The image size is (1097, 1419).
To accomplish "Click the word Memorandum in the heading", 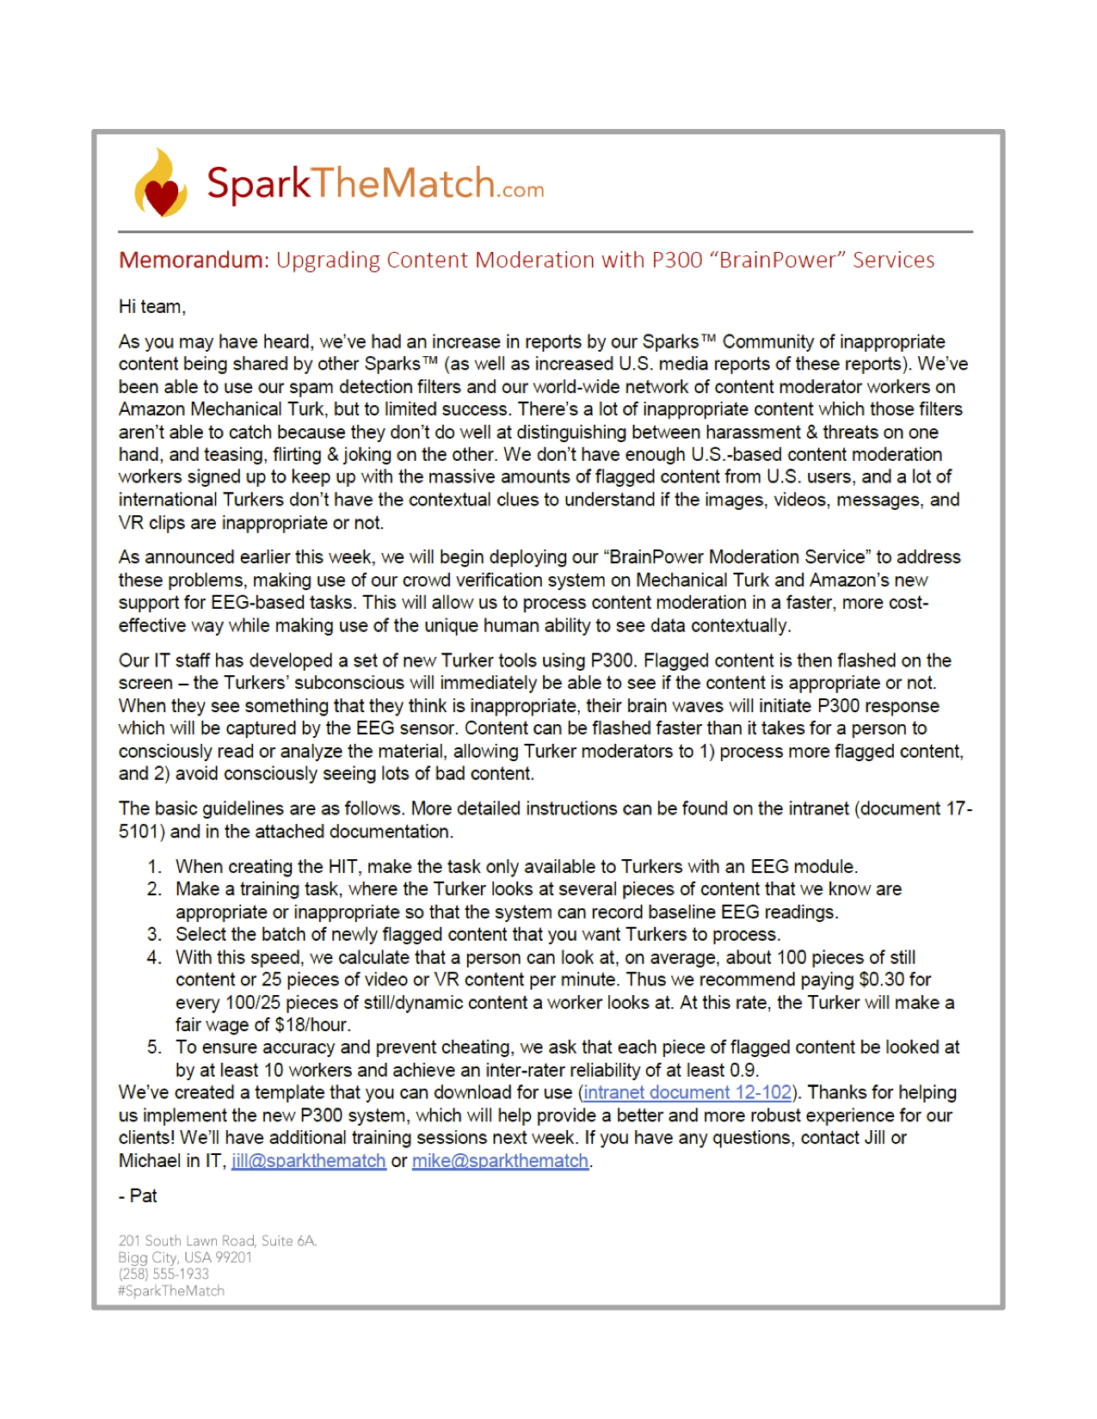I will click(193, 260).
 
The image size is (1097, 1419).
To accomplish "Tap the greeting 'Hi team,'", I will click(152, 307).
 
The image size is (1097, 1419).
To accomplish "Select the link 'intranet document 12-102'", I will click(687, 1092).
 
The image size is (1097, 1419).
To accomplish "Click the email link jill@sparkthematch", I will click(308, 1161).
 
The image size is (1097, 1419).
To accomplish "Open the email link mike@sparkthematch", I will click(500, 1161).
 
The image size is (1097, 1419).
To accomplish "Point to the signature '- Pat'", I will click(139, 1196).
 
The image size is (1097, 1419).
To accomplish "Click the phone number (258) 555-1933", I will click(163, 1274).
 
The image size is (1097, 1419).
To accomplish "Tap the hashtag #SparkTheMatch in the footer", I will click(171, 1291).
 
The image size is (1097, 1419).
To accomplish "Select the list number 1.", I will click(154, 867).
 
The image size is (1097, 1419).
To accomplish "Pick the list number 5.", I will click(154, 1047).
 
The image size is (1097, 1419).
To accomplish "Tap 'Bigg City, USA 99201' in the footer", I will click(185, 1257).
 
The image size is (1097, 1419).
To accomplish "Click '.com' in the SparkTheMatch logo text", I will click(521, 190).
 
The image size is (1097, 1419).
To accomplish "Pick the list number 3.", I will click(154, 935).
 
